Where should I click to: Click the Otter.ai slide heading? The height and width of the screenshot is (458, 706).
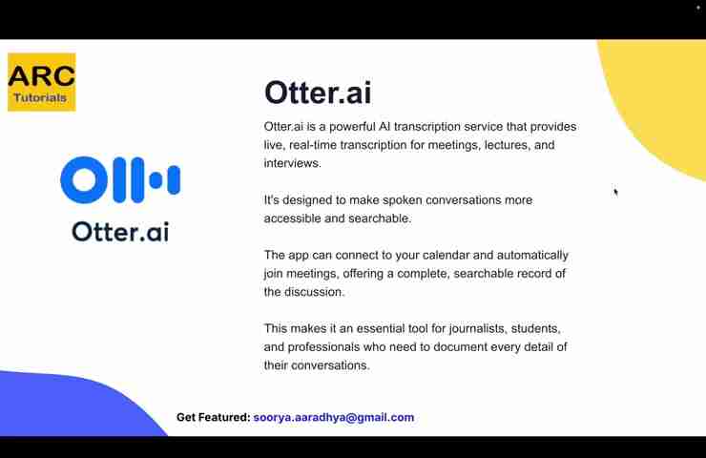318,93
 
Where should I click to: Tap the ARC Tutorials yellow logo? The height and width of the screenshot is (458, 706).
41,82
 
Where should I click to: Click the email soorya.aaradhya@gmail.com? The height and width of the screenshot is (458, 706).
334,417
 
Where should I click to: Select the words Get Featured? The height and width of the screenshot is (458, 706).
213,417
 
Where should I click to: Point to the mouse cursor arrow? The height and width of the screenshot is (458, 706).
615,192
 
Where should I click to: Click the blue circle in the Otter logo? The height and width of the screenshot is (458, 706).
79,180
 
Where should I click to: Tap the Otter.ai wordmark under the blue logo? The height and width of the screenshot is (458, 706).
120,231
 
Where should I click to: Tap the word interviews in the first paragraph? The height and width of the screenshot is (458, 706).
292,163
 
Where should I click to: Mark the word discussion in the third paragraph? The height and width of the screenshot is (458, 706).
319,292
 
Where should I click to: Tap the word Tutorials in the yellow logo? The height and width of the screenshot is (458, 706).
40,97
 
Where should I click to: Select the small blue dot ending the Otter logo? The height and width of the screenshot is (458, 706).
173,179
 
